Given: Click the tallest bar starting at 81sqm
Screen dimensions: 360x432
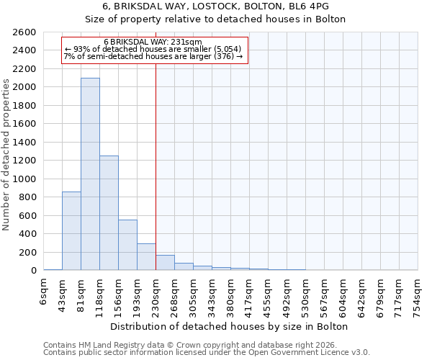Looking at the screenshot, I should click(x=90, y=174).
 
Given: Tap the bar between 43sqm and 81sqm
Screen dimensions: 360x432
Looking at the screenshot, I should click(x=71, y=230).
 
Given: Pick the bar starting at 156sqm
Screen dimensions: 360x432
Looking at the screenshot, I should click(x=127, y=245).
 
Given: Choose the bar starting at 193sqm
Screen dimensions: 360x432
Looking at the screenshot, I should click(x=146, y=257).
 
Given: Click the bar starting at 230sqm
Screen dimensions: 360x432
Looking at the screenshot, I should click(x=165, y=263).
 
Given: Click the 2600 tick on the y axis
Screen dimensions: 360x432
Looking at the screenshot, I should click(x=24, y=32).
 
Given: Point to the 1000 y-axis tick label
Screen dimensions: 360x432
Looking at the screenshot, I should click(x=24, y=179).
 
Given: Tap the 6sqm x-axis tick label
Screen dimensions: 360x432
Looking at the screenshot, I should click(x=43, y=291).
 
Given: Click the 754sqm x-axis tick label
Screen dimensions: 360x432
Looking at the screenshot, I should click(x=418, y=295).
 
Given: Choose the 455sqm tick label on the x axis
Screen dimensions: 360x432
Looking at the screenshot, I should click(x=268, y=295).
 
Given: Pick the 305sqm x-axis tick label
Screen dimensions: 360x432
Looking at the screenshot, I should click(x=193, y=295).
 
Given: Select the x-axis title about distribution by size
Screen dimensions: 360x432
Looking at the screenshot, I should click(x=230, y=326).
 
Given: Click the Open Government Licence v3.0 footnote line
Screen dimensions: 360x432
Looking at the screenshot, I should click(x=207, y=352).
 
